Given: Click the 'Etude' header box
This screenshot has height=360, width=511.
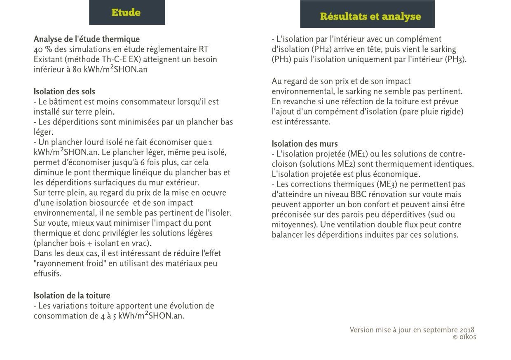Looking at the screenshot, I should [x=127, y=12].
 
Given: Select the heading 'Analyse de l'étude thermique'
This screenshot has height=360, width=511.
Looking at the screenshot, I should [x=87, y=40].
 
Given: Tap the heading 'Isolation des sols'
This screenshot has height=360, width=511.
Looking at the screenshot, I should [x=64, y=91].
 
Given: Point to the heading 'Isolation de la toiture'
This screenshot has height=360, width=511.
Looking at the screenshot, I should [x=72, y=296].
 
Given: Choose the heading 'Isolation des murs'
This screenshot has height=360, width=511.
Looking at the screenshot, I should [x=305, y=144].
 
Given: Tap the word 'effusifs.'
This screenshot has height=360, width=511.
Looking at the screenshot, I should [x=47, y=274].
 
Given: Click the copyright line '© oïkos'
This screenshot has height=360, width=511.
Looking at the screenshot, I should [x=464, y=337].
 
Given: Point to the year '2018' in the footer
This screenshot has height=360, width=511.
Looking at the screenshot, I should [x=467, y=330].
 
